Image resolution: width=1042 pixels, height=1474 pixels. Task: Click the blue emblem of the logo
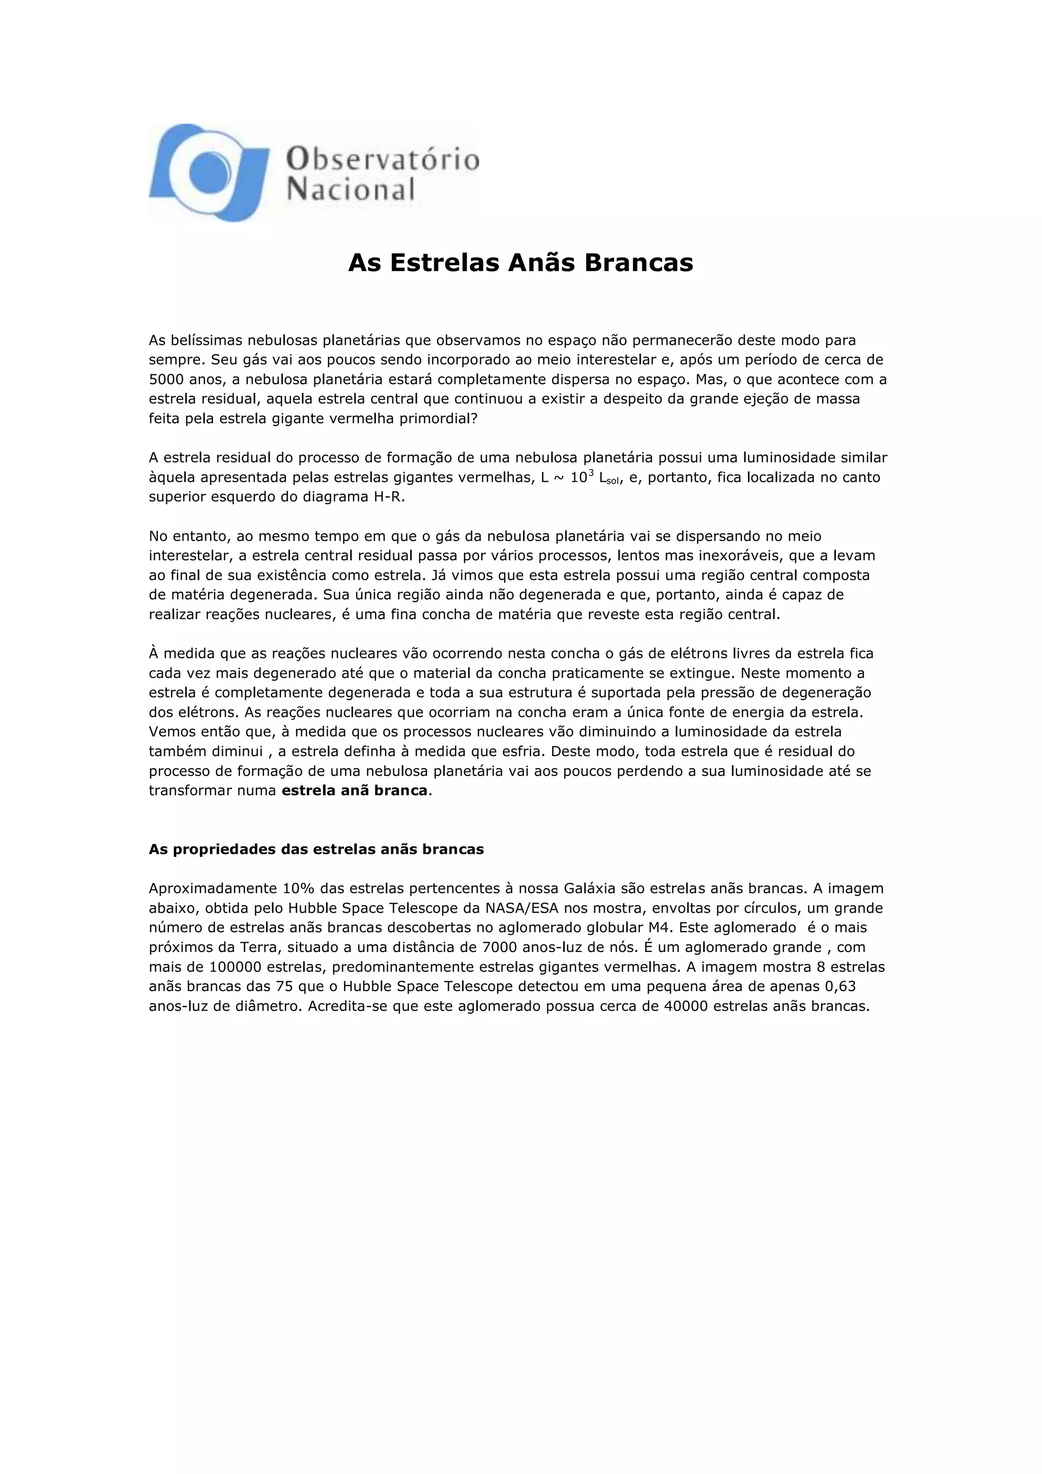(x=209, y=172)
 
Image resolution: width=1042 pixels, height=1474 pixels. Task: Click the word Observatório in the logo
(x=383, y=158)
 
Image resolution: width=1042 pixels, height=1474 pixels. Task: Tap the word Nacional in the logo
(x=351, y=189)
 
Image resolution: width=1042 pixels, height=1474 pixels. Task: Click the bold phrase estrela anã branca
(x=355, y=790)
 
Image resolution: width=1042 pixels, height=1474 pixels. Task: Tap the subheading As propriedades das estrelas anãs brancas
(x=316, y=849)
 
